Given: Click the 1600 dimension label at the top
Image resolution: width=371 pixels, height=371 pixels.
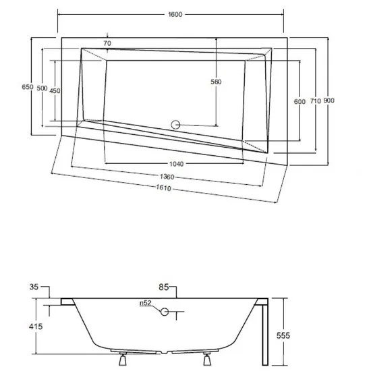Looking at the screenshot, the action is [x=175, y=15].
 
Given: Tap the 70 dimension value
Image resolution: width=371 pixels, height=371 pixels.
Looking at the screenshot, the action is [x=107, y=43].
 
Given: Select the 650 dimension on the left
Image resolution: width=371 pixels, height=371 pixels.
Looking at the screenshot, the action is [x=28, y=87].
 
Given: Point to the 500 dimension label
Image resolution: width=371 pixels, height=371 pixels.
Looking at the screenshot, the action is [x=42, y=88].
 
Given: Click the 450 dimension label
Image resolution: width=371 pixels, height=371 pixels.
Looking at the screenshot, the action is [x=55, y=90].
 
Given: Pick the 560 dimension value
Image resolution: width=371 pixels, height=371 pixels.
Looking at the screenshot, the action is [x=216, y=82].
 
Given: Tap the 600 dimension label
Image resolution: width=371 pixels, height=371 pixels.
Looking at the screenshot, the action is [x=299, y=102].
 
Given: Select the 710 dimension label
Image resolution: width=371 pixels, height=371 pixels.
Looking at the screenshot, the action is [x=316, y=101].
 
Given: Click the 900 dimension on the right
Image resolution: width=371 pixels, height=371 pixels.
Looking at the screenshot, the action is [x=329, y=101].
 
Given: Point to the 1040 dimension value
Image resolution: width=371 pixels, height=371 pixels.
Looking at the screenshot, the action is [x=177, y=164].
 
